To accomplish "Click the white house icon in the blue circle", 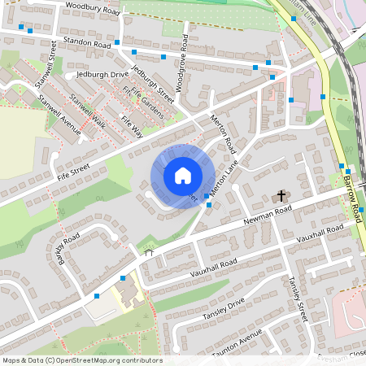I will click(x=182, y=176).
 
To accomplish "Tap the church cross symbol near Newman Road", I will click(x=282, y=196).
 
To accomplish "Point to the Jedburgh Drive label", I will click(x=102, y=74).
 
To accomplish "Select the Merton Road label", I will click(x=223, y=133).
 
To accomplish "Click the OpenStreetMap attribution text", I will click(x=82, y=360).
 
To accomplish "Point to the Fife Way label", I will click(x=130, y=127).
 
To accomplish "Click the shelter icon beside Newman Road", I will click(x=149, y=254).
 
